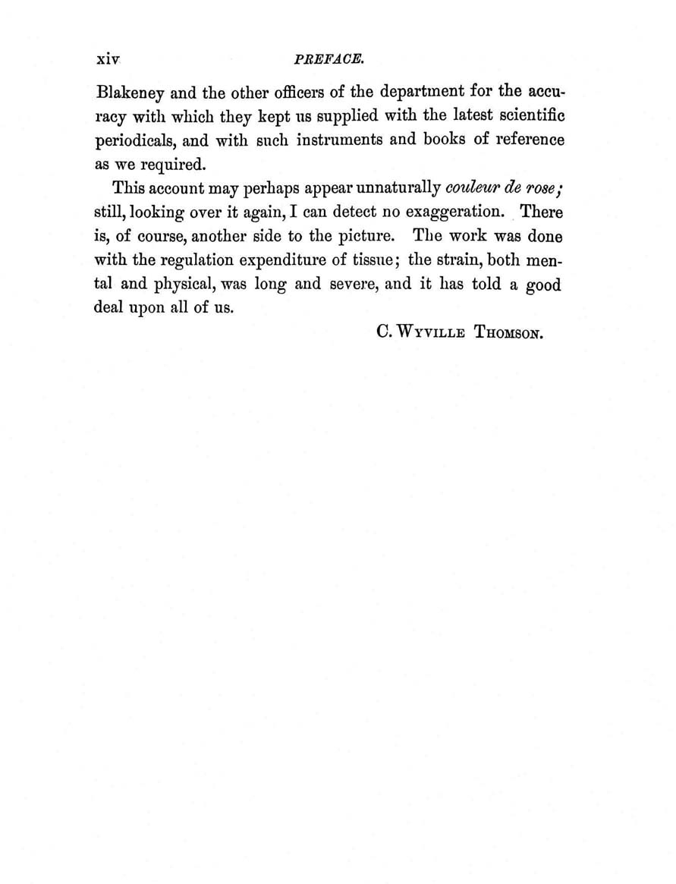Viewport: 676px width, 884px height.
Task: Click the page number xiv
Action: (109, 58)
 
